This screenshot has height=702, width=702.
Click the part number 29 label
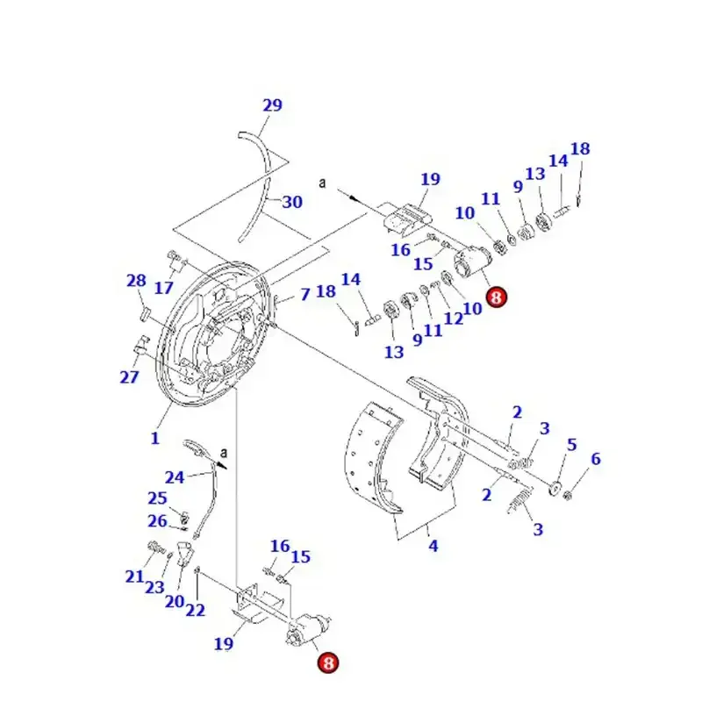pos(272,105)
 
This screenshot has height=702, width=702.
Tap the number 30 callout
pos(292,202)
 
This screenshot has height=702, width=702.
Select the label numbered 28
pos(136,281)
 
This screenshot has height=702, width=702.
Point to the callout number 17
pos(164,288)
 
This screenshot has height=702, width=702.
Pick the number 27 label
pos(129,377)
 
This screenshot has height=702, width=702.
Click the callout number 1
pos(155,437)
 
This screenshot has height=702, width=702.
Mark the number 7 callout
pos(304,294)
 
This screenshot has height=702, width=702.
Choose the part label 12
pos(453,319)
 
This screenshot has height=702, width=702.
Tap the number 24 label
pos(175,477)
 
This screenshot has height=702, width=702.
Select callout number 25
pos(157,498)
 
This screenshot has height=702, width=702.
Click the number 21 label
pos(133,577)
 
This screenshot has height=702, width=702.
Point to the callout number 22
pos(196,610)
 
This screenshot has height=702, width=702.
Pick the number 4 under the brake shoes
pos(433,546)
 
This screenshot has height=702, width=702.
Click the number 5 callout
pos(571,445)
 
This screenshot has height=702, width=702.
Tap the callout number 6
pos(596,458)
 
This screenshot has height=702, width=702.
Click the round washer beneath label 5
pos(556,485)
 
